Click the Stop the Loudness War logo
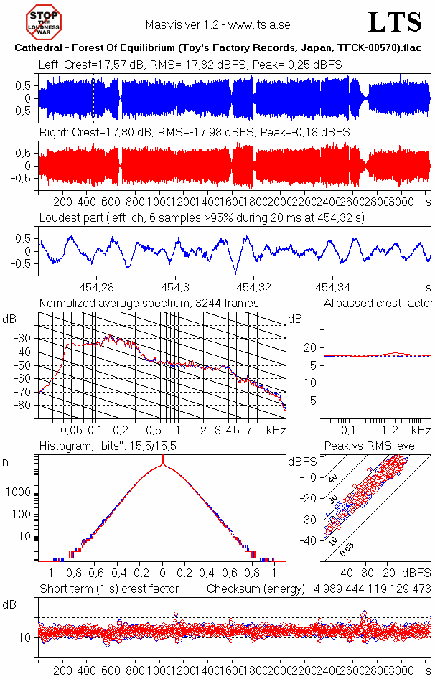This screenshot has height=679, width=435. (44, 22)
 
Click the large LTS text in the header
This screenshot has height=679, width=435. (394, 22)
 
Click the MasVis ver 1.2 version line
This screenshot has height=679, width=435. (217, 24)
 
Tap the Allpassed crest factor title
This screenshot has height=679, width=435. (378, 303)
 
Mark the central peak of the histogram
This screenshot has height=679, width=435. (163, 466)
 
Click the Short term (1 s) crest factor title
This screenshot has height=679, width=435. (108, 589)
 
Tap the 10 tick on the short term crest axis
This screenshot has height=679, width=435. (24, 637)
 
